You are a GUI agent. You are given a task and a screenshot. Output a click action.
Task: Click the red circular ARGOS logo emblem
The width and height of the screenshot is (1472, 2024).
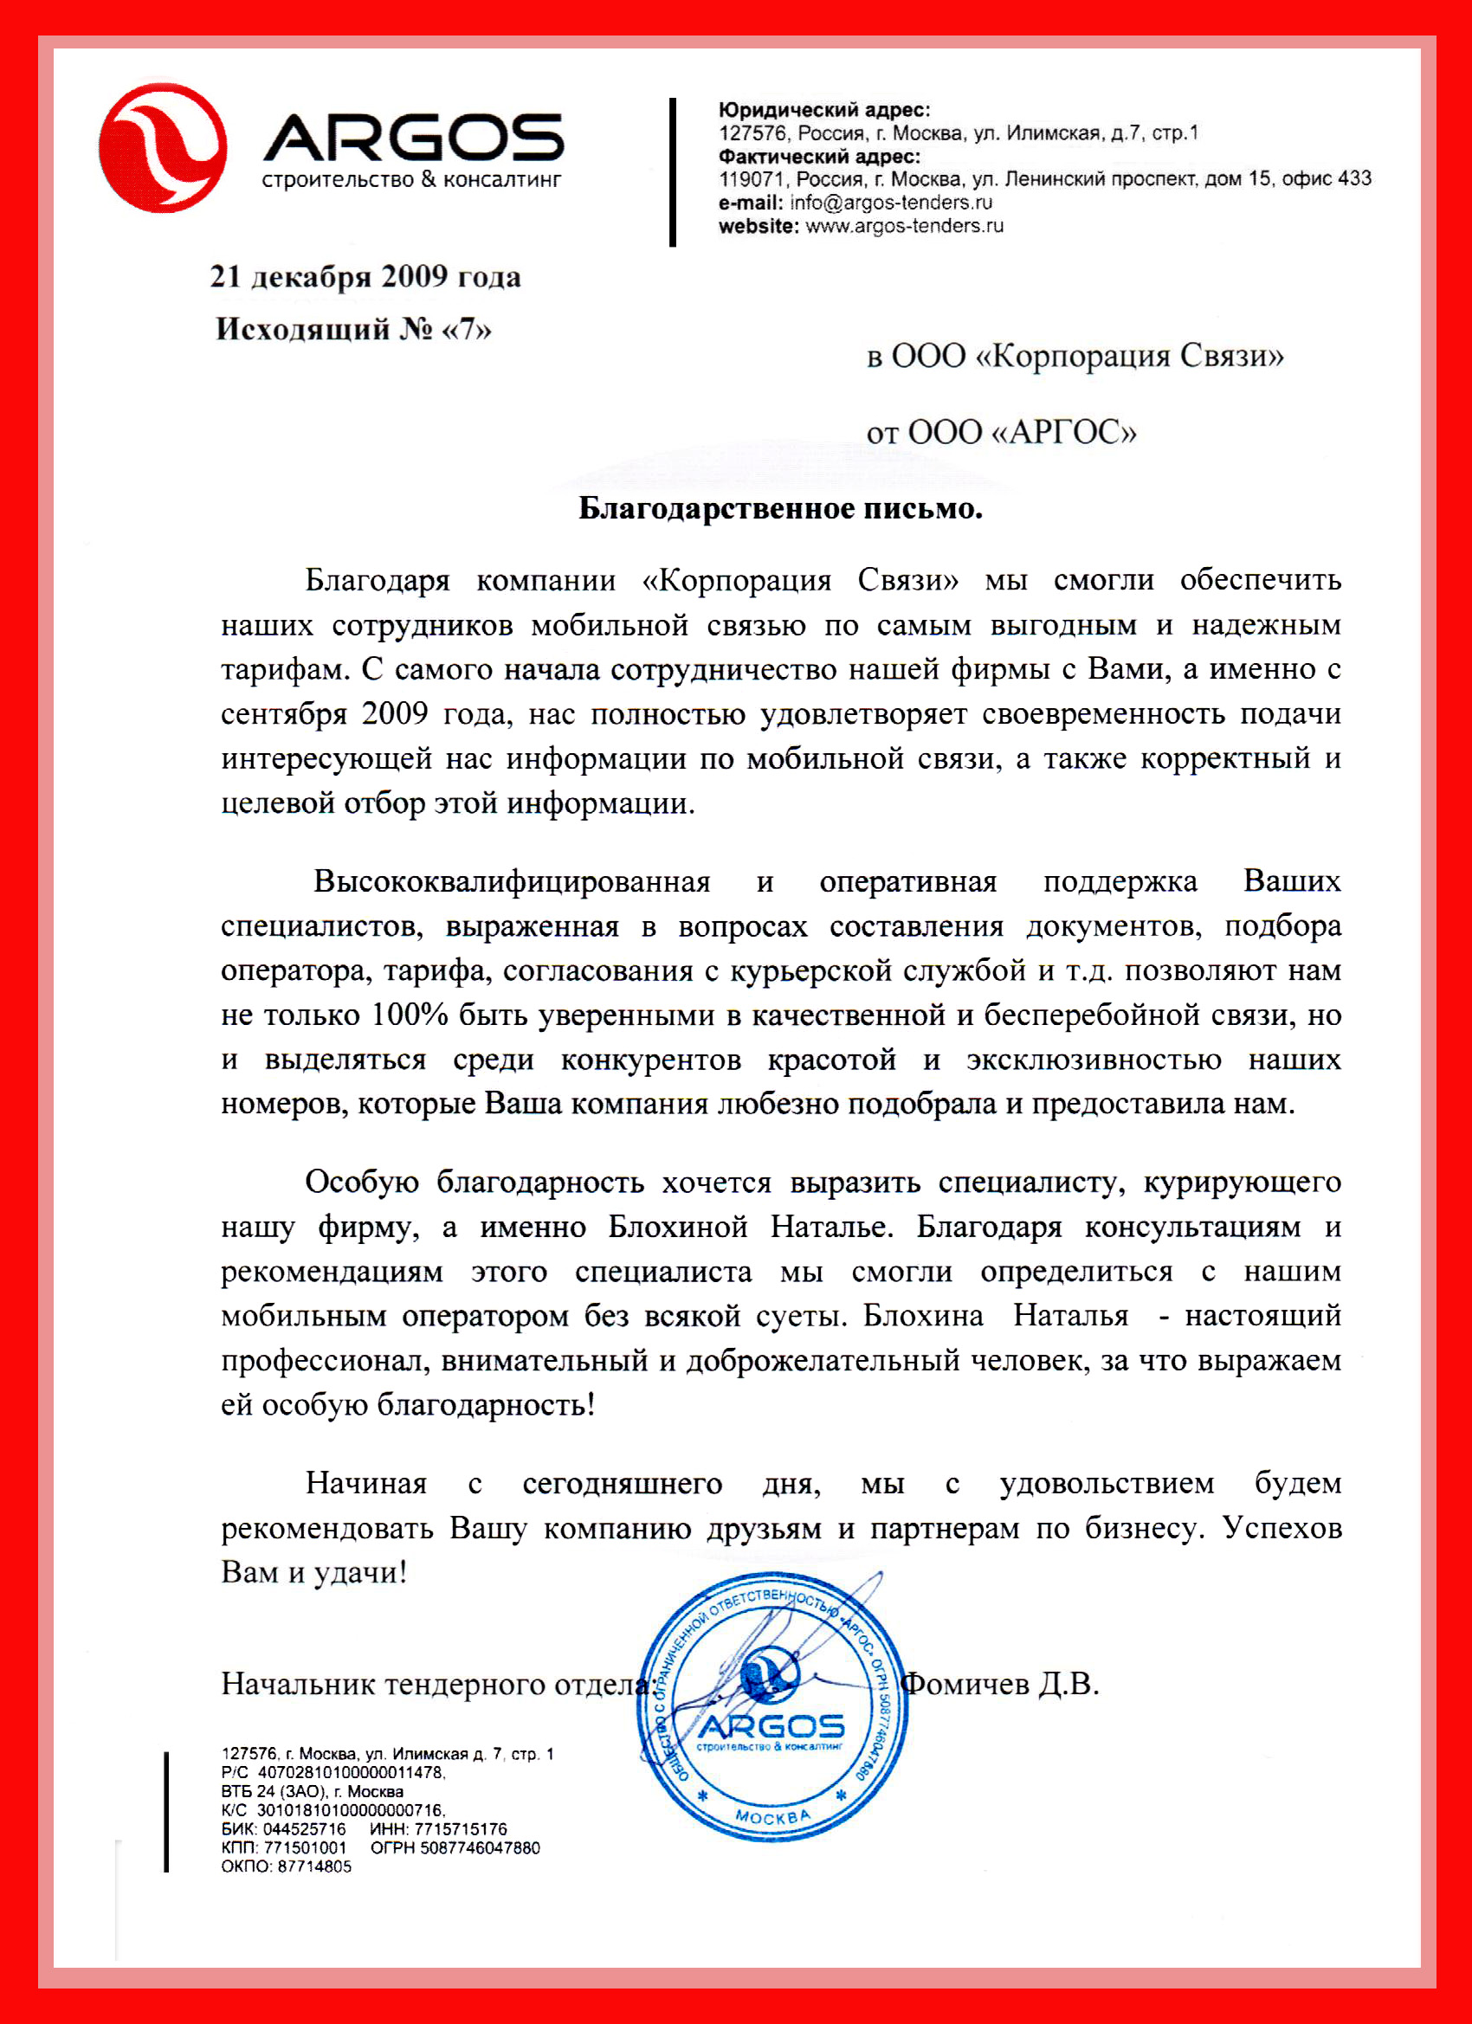click(x=163, y=148)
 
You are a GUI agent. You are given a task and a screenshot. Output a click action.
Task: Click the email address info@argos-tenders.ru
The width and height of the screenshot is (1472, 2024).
click(x=891, y=203)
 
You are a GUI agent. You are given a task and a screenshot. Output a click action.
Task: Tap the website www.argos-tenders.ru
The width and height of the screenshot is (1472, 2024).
click(x=904, y=226)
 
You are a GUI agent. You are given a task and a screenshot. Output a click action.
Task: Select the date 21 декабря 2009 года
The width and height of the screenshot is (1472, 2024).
click(x=365, y=277)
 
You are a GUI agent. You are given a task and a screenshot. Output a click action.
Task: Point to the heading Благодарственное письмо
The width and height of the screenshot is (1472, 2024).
click(x=780, y=509)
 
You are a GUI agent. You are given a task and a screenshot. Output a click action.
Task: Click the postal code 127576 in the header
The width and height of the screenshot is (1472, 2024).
click(x=753, y=134)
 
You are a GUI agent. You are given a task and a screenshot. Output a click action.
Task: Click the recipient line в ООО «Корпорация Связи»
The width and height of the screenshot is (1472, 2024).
click(x=1075, y=356)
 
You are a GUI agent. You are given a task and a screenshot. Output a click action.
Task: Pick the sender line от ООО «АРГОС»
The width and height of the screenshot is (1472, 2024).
click(x=1002, y=433)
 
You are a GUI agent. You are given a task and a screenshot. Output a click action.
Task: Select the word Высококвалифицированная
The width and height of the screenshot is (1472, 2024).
click(x=512, y=880)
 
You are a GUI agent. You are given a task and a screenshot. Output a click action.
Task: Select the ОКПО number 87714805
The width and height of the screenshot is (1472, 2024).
click(x=314, y=1866)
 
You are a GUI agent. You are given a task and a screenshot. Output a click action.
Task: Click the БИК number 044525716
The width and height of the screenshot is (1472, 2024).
click(x=305, y=1828)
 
